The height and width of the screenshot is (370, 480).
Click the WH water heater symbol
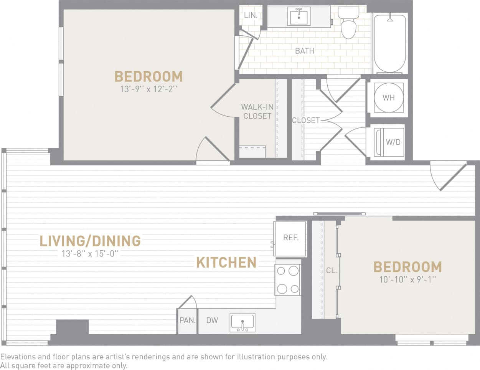[388, 97]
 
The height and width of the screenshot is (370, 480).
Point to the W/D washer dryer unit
[389, 142]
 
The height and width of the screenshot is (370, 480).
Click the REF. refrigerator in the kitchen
[290, 238]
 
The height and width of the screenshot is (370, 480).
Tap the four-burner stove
[288, 280]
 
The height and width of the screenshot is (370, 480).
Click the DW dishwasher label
[212, 320]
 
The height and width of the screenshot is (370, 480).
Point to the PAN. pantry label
[188, 320]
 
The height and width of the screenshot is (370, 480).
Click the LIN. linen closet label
[251, 16]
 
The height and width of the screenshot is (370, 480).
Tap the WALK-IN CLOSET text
[257, 111]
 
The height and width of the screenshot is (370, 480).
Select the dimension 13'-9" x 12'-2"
[148, 89]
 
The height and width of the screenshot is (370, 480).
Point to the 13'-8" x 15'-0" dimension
[90, 254]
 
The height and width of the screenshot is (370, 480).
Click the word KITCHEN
[226, 263]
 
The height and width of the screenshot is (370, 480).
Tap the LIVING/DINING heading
[90, 241]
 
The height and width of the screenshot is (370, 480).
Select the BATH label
[304, 51]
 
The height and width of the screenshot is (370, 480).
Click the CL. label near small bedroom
[332, 271]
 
